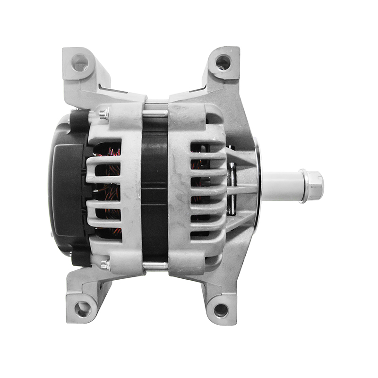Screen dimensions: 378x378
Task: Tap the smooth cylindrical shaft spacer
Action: click(x=281, y=186)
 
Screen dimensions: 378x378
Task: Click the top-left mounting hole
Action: click(x=80, y=62)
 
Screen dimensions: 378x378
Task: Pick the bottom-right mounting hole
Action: click(x=221, y=310)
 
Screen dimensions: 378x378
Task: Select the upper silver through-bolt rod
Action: click(x=155, y=113)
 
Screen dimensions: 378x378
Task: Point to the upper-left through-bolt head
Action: click(x=103, y=113)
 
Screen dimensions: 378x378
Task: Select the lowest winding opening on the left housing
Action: click(x=109, y=232)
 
